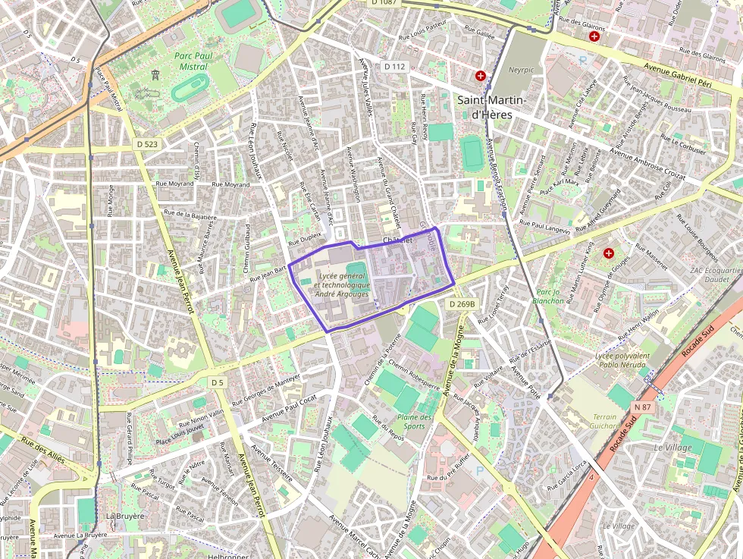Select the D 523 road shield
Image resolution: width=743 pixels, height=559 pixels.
(148, 143)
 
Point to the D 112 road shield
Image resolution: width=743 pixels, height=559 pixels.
(394, 67)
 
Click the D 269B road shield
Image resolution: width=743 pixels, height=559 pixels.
(461, 304)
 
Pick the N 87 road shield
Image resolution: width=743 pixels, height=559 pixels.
(642, 407)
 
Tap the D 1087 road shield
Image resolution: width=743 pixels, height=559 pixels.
(384, 3)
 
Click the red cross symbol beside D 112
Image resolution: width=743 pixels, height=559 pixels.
(481, 76)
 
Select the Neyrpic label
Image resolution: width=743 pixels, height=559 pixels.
(521, 69)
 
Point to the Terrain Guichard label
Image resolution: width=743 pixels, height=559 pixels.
(604, 422)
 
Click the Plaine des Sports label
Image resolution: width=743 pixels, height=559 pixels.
(414, 421)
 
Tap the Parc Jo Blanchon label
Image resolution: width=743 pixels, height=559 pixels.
(549, 296)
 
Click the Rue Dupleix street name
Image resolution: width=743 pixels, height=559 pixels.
(305, 238)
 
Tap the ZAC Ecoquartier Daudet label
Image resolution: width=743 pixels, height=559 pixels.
(716, 275)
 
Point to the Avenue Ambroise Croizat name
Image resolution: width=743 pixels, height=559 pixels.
(647, 165)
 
